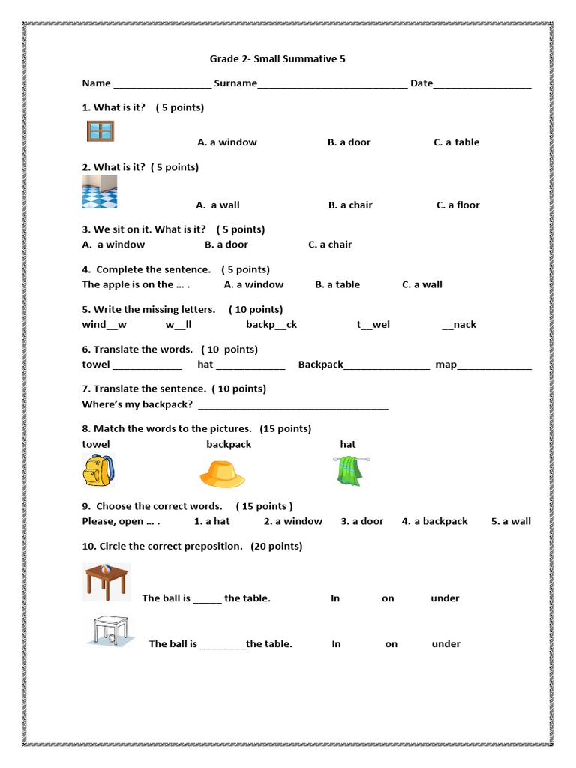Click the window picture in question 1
point(100,131)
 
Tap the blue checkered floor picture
point(100,192)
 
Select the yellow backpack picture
point(98,470)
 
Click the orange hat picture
point(222,473)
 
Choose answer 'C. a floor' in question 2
point(457,205)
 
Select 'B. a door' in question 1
point(349,142)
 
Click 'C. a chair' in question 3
point(330,244)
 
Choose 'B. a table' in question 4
point(337,284)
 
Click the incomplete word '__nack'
point(459,325)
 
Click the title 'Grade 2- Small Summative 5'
point(277,58)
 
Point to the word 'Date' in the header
point(421,83)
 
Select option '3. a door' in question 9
point(362,521)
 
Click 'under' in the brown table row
point(445,598)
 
